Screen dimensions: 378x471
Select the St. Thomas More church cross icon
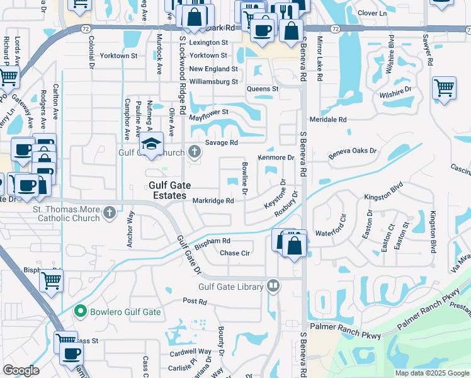(x=110, y=212)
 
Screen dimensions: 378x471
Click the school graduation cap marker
(x=151, y=144)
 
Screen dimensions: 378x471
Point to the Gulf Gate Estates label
(x=167, y=191)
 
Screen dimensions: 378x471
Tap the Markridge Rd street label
(x=213, y=201)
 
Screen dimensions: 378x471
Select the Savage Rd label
(x=225, y=142)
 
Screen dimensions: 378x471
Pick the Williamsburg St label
(x=213, y=81)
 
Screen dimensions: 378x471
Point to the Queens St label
(x=262, y=89)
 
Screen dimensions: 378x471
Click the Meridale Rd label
(x=328, y=119)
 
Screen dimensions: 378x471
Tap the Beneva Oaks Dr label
(x=353, y=151)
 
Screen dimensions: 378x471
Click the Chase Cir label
(x=235, y=253)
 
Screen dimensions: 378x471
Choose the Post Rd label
(x=195, y=302)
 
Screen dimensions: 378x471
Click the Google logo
(x=21, y=371)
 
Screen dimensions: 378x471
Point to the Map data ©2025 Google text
(x=431, y=373)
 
